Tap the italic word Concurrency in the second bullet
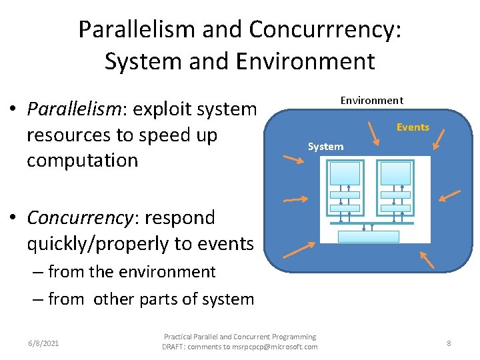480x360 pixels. [x=75, y=217]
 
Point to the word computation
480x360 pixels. [x=82, y=161]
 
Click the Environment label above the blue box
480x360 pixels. [x=372, y=101]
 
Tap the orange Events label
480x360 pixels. [x=413, y=127]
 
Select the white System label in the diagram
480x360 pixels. [x=325, y=147]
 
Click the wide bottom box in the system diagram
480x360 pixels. [x=369, y=236]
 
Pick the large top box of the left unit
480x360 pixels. [x=345, y=173]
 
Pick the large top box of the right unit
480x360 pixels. [x=396, y=173]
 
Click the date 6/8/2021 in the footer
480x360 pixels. [x=43, y=343]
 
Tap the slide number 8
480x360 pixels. [x=449, y=343]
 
